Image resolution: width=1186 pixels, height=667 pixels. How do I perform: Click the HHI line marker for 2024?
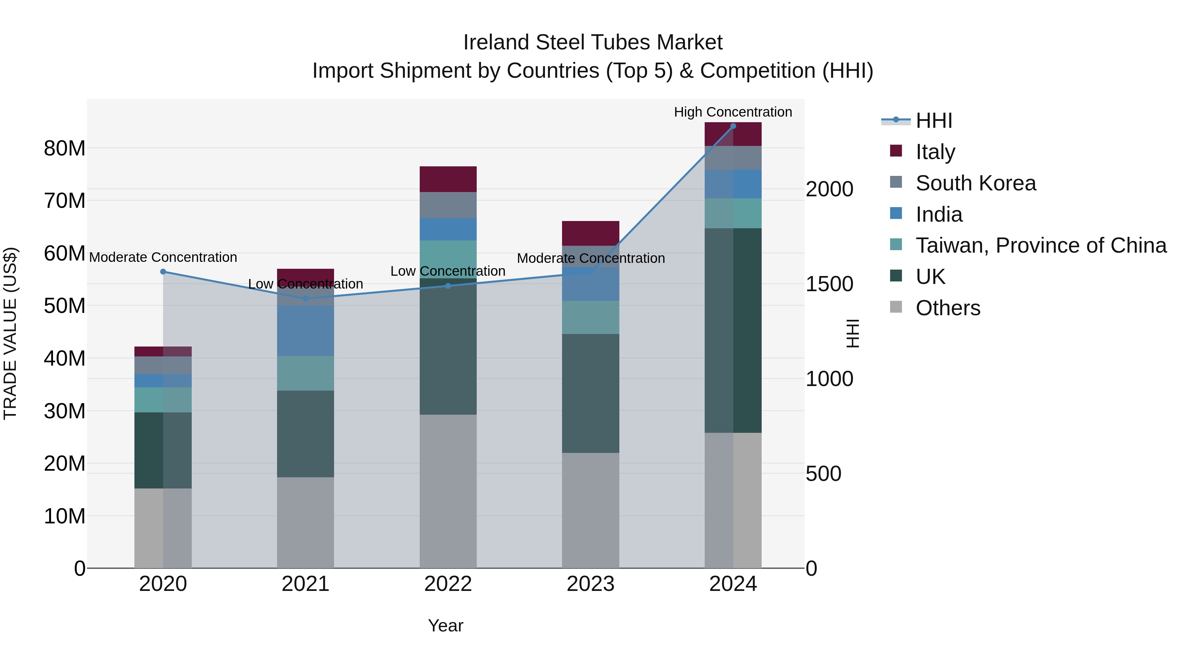pos(733,126)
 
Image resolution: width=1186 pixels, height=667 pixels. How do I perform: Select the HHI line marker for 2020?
pos(163,272)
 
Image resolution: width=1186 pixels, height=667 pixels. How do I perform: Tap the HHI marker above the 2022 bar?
pos(448,286)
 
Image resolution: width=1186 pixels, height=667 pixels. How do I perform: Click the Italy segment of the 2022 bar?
pos(448,179)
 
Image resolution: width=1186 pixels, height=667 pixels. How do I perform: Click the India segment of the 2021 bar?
pos(305,330)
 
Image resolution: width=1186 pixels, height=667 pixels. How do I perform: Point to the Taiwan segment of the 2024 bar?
pos(733,213)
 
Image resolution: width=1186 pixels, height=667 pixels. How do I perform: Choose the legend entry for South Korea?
pos(975,183)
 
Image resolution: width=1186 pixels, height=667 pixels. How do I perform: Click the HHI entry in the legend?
pos(933,121)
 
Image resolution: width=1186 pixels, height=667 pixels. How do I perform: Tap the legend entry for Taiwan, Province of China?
pos(1040,245)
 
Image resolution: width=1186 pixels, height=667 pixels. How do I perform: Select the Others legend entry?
pos(947,308)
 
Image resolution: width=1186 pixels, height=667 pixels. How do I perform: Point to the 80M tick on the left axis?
pos(65,149)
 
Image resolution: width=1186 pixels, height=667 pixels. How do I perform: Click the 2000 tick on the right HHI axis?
pos(829,189)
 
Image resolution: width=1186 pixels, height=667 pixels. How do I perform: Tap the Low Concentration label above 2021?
pos(305,284)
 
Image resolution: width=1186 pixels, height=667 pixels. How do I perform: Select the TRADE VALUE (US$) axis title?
pos(10,333)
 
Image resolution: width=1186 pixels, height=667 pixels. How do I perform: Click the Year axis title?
pos(445,625)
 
